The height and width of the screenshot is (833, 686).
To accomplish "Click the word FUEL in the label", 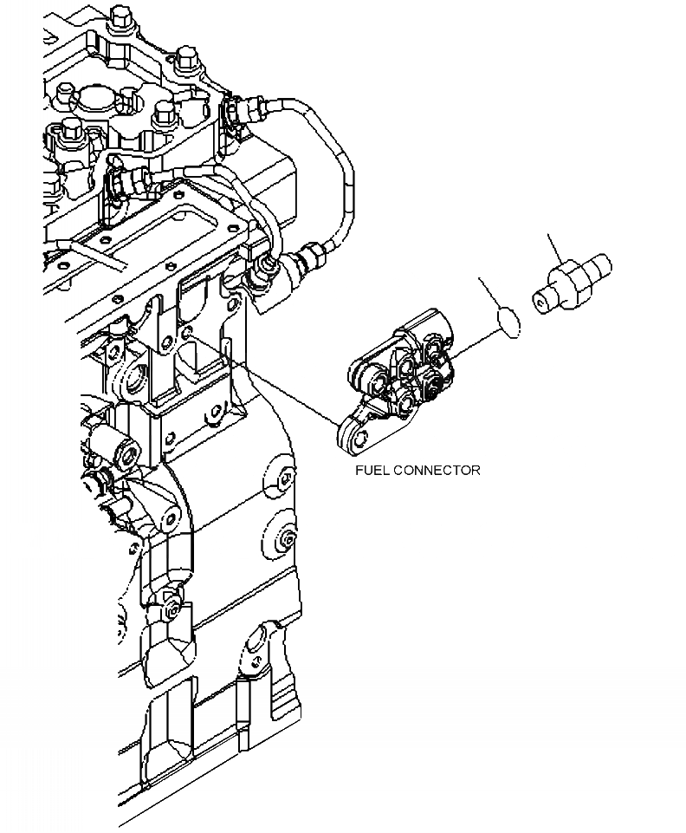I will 372,471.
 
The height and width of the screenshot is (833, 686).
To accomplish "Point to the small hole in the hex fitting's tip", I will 541,303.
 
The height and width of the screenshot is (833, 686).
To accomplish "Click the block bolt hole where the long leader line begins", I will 189,331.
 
